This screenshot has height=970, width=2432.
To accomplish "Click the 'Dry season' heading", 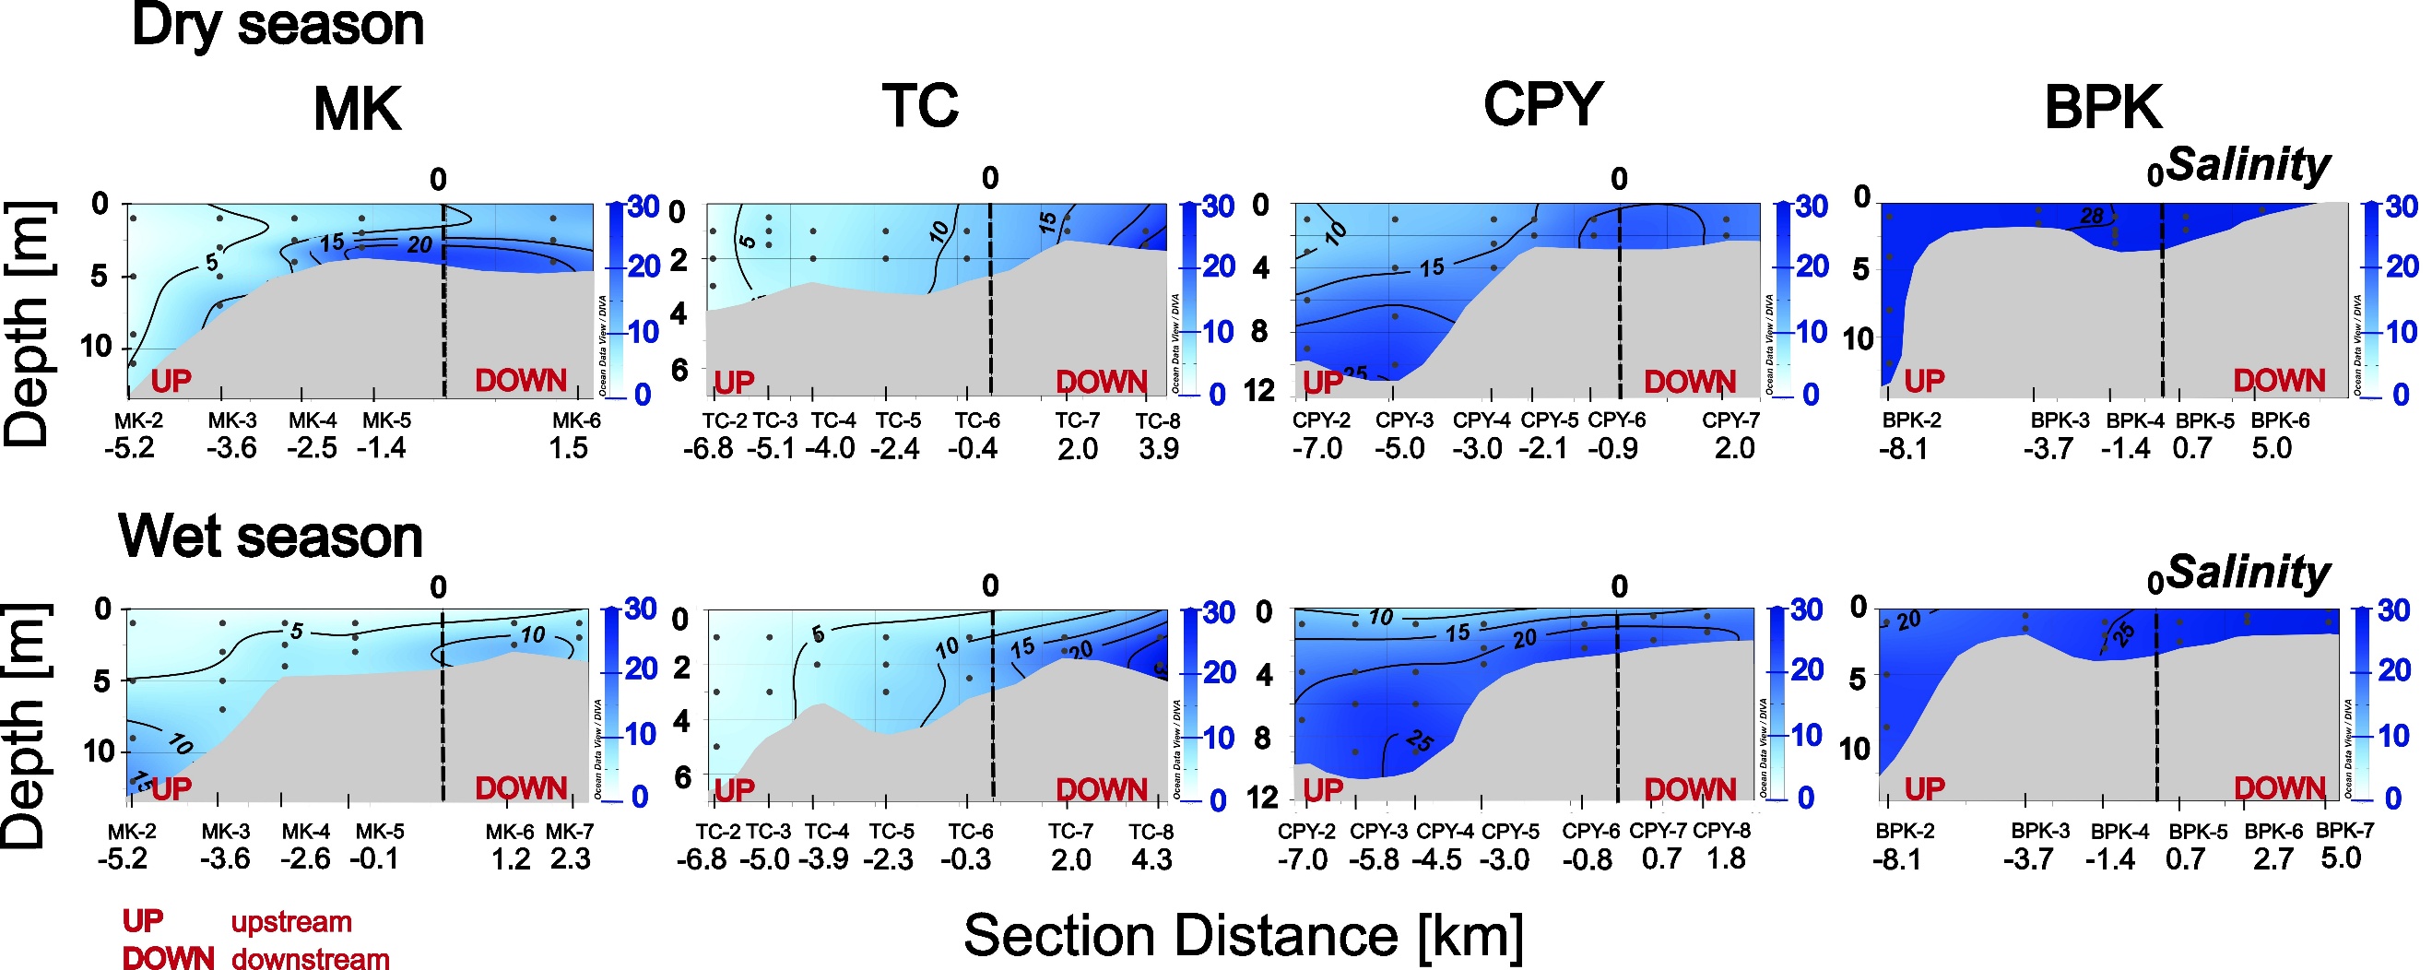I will (277, 26).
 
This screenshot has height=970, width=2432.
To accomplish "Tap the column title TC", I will (920, 106).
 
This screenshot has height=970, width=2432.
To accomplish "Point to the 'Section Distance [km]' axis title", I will (1243, 935).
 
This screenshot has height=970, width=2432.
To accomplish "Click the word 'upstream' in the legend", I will (290, 922).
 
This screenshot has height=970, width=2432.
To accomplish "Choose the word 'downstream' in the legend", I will (310, 959).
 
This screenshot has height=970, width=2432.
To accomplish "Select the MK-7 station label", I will (570, 832).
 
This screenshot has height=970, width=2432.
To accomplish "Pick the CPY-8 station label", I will (1721, 831).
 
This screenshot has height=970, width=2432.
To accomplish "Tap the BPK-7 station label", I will (2344, 831).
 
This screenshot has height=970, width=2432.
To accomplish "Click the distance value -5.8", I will (1374, 859).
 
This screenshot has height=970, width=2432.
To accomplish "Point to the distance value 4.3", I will (1151, 859).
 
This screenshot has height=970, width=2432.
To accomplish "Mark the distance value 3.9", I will (1159, 449).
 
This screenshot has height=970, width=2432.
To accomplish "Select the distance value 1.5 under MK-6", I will (568, 448).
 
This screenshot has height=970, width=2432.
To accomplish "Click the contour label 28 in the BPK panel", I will (2092, 217).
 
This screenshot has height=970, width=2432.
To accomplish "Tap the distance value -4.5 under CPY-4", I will (1438, 859).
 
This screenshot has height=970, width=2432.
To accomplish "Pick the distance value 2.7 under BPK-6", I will (2273, 859).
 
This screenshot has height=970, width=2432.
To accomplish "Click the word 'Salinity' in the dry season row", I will (2247, 165).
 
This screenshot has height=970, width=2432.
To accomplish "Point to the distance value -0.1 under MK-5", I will (374, 859).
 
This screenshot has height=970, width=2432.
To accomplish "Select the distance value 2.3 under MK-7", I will (570, 859).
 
